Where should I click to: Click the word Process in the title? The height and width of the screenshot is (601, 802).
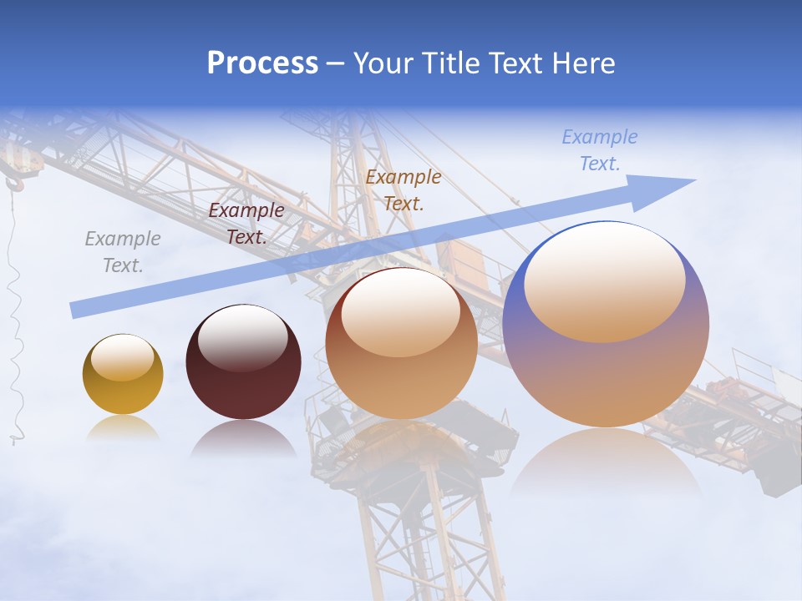tap(262, 63)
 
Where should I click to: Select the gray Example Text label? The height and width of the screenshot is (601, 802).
tap(122, 251)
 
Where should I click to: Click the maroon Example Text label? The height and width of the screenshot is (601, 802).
tap(246, 224)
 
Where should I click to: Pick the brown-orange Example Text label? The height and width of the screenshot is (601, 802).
tap(404, 189)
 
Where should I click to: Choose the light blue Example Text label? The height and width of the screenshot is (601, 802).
tap(599, 150)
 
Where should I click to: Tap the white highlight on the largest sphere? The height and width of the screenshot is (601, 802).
tap(604, 280)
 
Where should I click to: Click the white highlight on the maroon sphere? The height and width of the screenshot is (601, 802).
tap(242, 338)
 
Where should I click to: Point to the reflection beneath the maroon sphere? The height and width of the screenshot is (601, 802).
tap(243, 438)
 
